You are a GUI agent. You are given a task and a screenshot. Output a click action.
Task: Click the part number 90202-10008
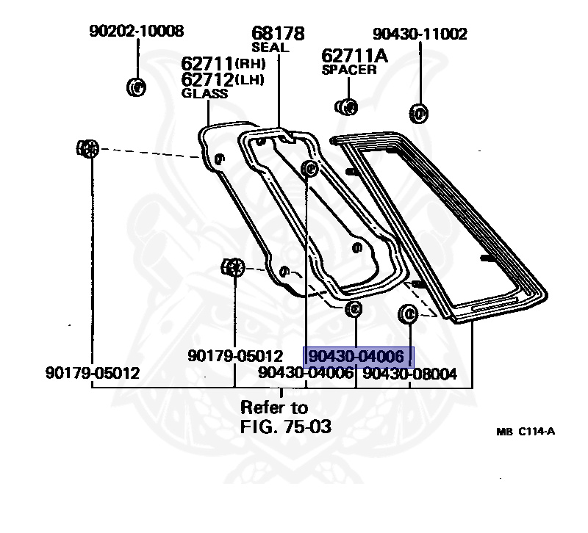(137, 31)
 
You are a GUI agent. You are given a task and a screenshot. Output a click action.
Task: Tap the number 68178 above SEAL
(278, 34)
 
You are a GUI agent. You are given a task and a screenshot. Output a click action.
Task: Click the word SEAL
(270, 48)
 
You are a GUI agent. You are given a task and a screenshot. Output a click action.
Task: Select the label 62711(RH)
(223, 64)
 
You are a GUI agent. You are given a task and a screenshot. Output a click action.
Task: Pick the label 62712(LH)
(223, 79)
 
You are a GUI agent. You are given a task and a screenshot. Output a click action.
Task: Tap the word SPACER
(349, 70)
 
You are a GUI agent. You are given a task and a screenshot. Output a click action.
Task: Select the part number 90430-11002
(420, 34)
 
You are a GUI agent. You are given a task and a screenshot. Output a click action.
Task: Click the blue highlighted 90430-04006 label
(359, 357)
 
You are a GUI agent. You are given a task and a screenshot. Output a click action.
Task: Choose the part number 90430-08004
(410, 374)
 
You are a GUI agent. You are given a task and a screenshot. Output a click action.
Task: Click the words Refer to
(275, 407)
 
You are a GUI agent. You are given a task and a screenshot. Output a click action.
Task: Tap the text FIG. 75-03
(286, 426)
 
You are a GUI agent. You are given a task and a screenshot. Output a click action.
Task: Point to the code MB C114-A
(525, 431)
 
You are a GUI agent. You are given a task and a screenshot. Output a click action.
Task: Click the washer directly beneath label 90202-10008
(137, 87)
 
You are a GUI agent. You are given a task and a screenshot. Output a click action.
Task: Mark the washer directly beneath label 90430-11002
(417, 114)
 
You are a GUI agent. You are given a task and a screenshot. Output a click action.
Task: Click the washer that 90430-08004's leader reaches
(407, 314)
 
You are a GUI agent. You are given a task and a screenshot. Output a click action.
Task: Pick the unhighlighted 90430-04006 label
(305, 374)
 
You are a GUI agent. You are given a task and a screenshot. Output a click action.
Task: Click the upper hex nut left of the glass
(87, 148)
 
